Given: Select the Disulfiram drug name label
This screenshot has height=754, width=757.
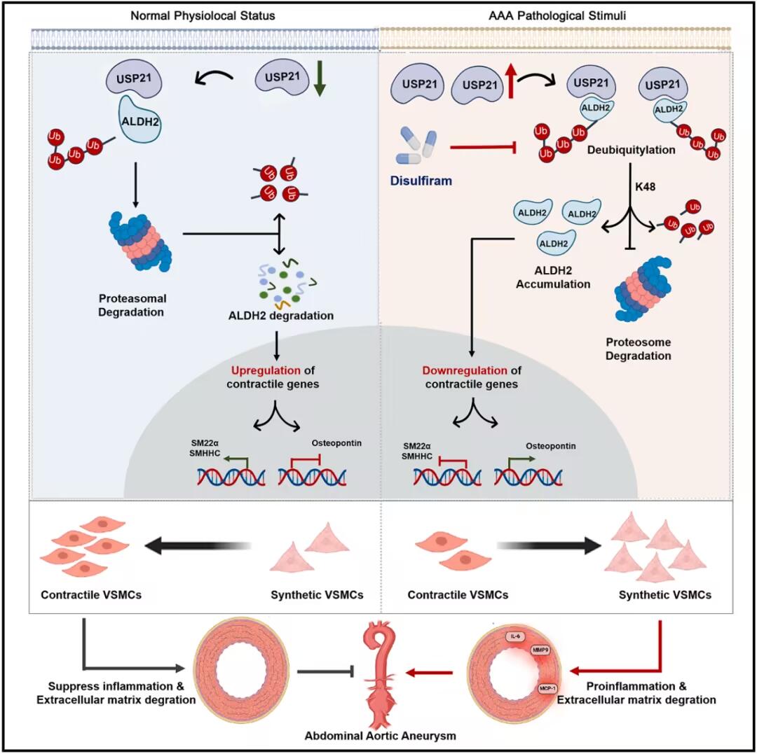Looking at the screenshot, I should pyautogui.click(x=420, y=181).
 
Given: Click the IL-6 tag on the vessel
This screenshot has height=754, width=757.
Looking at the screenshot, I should pyautogui.click(x=517, y=636).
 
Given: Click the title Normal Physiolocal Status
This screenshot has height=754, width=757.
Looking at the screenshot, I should pyautogui.click(x=187, y=14).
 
